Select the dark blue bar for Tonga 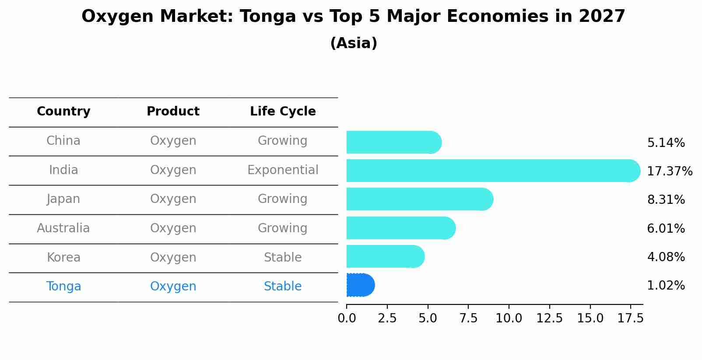pyautogui.click(x=360, y=285)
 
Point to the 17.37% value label pyautogui.click(x=669, y=171)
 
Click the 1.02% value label pyautogui.click(x=666, y=286)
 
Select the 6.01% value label pyautogui.click(x=666, y=228)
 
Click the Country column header pyautogui.click(x=63, y=112)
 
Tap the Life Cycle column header pyautogui.click(x=283, y=112)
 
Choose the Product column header pyautogui.click(x=173, y=112)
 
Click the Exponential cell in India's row pyautogui.click(x=283, y=170)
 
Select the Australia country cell pyautogui.click(x=63, y=228)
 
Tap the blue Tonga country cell pyautogui.click(x=63, y=287)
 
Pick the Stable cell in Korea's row pyautogui.click(x=283, y=258)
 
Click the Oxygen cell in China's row pyautogui.click(x=173, y=141)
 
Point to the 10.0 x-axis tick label pyautogui.click(x=509, y=318)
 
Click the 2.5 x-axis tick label pyautogui.click(x=387, y=318)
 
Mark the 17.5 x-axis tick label pyautogui.click(x=630, y=318)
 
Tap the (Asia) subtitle pyautogui.click(x=354, y=43)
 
